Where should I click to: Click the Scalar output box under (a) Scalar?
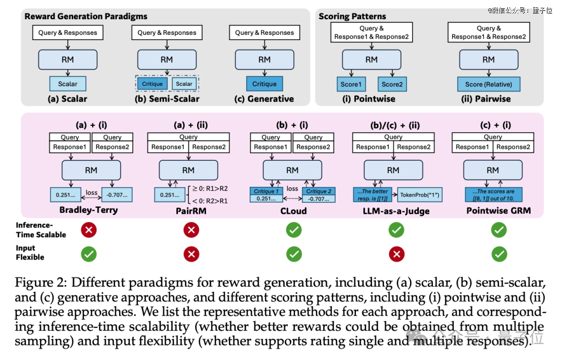68,84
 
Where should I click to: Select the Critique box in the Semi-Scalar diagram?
152,84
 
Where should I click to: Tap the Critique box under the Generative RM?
264,84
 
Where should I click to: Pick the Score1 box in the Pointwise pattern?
351,84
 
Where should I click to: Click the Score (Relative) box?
489,84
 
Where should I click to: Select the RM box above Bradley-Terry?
91,170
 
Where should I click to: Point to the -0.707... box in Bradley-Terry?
117,195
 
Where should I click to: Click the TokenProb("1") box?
419,195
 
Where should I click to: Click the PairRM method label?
191,211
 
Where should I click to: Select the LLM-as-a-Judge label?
396,211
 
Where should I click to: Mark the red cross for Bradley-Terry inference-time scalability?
89,229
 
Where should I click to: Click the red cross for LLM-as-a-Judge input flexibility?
397,254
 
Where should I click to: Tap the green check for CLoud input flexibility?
294,254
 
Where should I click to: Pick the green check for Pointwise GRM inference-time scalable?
499,229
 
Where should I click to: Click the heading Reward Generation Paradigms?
86,17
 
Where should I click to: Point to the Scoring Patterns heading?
352,17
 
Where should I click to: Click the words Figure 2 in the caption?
41,282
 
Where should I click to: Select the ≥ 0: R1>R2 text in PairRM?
210,188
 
